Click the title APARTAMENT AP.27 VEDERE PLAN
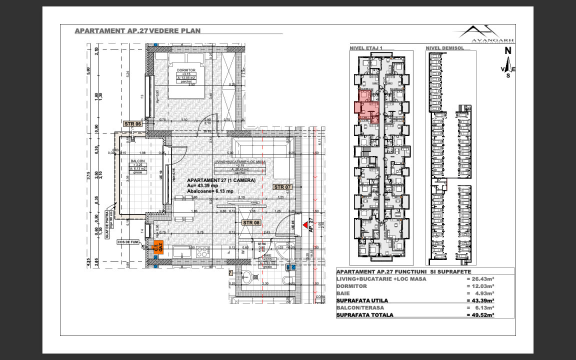click(137, 30)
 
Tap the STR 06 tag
click(133, 123)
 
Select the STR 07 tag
click(282, 186)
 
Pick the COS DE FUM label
click(127, 242)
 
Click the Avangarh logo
click(479, 33)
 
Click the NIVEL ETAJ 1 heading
click(366, 48)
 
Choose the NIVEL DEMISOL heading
click(445, 48)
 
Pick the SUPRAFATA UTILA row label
click(362, 300)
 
